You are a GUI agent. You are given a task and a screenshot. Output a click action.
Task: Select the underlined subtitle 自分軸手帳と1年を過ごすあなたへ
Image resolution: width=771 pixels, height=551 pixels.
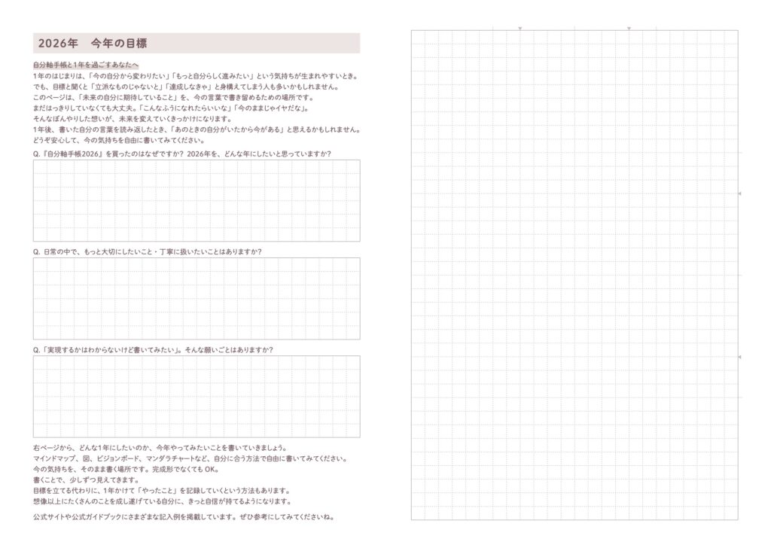click(x=85, y=65)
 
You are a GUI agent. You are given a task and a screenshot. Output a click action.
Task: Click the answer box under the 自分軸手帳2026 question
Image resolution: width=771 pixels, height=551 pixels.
click(x=197, y=200)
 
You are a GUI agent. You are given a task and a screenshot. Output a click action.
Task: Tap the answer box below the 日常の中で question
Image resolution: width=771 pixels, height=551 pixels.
click(x=197, y=298)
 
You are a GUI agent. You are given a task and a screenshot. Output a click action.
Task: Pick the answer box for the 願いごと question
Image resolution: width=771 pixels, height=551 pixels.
click(x=197, y=396)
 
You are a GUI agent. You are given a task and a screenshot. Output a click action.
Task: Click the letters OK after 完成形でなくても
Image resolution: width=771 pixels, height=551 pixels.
click(x=211, y=469)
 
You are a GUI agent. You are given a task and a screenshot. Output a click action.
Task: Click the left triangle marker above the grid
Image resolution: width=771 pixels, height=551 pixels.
click(x=520, y=29)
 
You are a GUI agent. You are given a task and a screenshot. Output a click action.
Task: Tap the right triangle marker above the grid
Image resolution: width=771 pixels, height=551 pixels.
click(x=629, y=29)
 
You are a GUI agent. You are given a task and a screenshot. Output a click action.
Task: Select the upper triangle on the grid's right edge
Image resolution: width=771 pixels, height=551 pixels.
click(x=739, y=193)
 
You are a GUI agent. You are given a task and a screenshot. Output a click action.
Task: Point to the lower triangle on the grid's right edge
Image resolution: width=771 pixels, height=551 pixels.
click(x=739, y=356)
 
